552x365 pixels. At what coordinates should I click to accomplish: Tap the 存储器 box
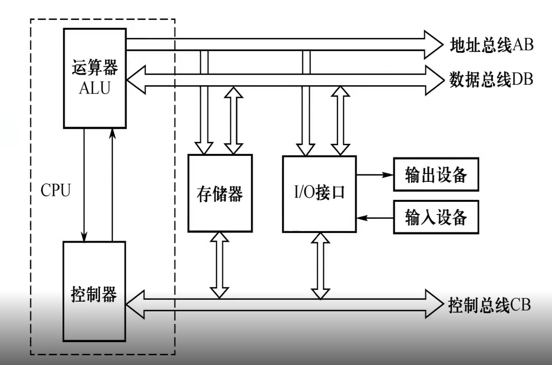pos(220,193)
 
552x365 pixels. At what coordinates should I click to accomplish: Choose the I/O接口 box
pos(319,193)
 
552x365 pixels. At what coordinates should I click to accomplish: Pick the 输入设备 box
pos(436,217)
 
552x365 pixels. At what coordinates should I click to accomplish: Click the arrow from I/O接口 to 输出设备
pos(374,174)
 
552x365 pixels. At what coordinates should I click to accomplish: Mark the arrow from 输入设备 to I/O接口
pos(374,217)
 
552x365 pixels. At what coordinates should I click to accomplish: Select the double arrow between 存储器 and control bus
pos(219,265)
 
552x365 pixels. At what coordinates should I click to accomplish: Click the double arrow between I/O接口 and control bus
pos(320,265)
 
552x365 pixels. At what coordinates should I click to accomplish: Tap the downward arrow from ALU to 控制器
pos(85,185)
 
